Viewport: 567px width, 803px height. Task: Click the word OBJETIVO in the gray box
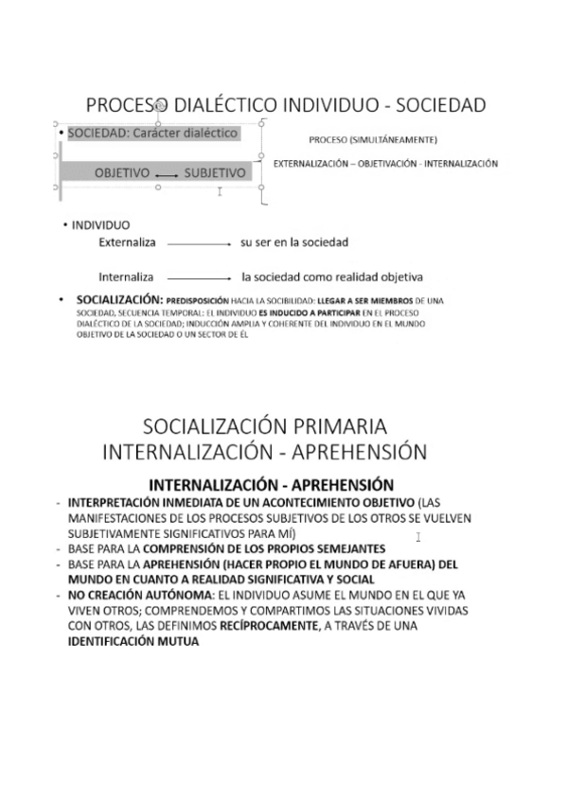(122, 173)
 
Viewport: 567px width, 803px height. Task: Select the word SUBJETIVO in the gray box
(215, 173)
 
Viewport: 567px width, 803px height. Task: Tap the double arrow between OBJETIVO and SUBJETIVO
(167, 175)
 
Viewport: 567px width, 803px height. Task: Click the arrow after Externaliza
(198, 244)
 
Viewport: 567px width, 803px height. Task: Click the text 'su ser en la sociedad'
(294, 242)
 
